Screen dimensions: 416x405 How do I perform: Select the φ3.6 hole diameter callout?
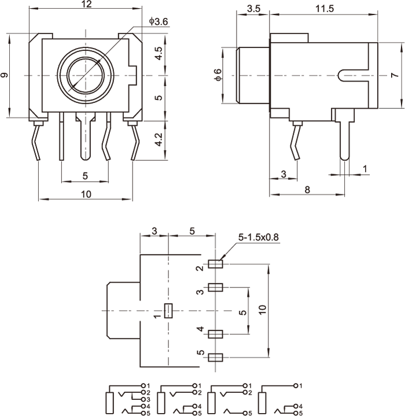point(158,21)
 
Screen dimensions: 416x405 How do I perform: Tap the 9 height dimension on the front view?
point(5,75)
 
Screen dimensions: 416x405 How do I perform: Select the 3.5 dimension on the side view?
point(252,9)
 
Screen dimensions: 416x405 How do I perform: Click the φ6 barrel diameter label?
point(218,75)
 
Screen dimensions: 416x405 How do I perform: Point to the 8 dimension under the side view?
point(307,189)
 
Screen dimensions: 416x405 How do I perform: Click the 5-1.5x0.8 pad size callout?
point(258,238)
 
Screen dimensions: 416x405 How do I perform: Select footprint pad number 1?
point(168,311)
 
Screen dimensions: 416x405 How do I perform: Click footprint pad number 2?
point(216,264)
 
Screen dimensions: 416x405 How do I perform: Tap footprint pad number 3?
point(216,287)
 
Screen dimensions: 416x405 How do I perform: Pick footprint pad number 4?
point(216,334)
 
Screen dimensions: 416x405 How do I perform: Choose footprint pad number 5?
point(216,357)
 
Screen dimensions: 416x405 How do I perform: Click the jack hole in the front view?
point(85,75)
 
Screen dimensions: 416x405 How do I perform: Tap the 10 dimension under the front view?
point(86,194)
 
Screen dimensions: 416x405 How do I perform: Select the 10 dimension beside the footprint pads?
point(263,310)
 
